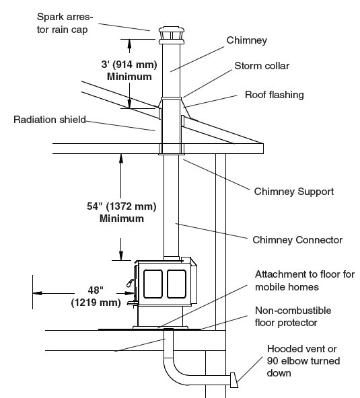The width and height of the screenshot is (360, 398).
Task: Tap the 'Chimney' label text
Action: click(x=247, y=40)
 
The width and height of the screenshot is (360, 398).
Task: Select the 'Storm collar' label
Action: click(x=262, y=66)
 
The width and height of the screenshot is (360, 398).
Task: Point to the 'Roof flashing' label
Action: click(x=274, y=95)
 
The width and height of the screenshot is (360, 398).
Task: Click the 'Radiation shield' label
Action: click(x=50, y=120)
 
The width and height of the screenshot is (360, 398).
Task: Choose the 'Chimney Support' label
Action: click(x=293, y=192)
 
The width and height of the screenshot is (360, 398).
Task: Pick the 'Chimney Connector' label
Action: click(x=297, y=240)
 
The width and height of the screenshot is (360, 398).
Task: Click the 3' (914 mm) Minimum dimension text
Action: click(x=129, y=71)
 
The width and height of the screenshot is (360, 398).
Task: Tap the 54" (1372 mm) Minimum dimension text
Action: click(x=121, y=212)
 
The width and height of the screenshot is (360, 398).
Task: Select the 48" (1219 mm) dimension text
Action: click(x=96, y=296)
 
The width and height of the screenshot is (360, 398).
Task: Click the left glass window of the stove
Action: click(x=153, y=284)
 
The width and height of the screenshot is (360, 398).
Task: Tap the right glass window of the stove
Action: click(x=176, y=284)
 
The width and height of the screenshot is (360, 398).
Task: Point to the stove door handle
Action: click(x=131, y=283)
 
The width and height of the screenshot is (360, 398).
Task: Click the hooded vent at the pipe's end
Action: click(x=234, y=380)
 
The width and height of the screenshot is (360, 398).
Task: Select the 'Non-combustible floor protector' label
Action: click(x=293, y=317)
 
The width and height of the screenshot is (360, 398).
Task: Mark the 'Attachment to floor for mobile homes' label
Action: click(x=305, y=280)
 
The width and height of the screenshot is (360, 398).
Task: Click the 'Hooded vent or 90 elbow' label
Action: click(x=303, y=361)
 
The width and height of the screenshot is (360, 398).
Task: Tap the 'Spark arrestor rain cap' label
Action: click(x=65, y=23)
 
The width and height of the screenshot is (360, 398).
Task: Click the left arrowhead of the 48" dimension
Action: click(x=38, y=293)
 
